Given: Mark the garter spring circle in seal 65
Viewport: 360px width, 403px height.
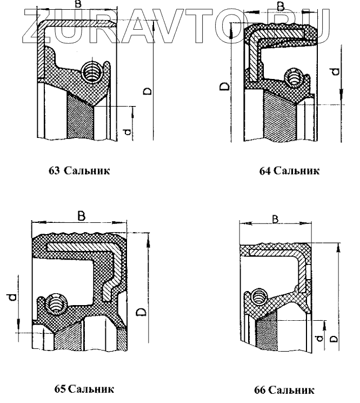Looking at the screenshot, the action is [55, 307].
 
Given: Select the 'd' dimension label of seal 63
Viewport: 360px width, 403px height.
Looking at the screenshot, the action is [127, 132].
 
